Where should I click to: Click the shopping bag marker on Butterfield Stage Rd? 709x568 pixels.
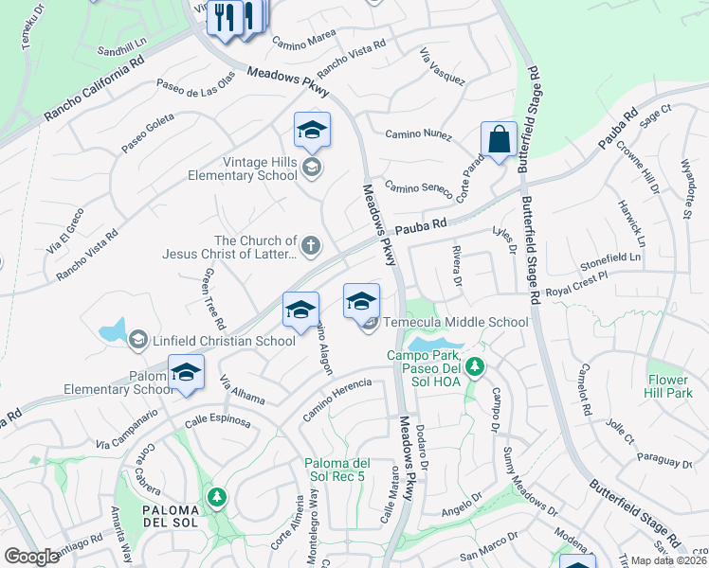point(499,140)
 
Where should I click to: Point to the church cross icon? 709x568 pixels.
point(312,247)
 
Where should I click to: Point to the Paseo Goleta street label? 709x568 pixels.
point(155,129)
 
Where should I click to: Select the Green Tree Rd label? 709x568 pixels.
point(209,293)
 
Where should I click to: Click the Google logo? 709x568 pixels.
point(31,557)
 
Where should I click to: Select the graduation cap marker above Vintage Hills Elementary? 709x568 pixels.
point(312,131)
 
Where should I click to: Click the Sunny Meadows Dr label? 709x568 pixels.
point(532,478)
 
